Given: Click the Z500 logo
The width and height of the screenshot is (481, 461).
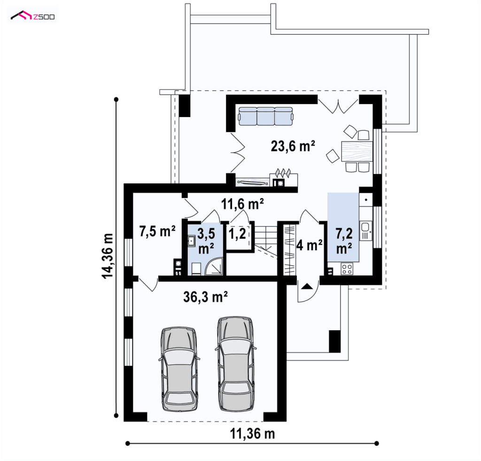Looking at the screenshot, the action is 32,16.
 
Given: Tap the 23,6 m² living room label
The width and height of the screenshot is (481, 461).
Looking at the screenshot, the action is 293,146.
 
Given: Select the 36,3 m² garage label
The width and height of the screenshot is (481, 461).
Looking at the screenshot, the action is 205,297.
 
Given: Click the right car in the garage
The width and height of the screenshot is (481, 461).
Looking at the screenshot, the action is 236,364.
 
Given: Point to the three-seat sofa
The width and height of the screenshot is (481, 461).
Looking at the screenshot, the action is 266,116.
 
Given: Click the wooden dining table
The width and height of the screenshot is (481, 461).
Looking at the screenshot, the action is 357,151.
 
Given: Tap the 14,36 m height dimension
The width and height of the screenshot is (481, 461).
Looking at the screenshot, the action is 108,255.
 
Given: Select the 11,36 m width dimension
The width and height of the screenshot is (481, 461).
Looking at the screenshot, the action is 252,434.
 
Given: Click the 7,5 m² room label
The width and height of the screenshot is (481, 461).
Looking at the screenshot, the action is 157,231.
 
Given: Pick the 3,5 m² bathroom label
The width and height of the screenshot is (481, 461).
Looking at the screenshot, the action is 206,241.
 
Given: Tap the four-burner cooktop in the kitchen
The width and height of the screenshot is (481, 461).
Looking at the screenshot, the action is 347,269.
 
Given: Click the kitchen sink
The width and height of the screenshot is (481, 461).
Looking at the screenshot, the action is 365,230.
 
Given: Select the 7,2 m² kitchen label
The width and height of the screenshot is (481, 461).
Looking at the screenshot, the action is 344,241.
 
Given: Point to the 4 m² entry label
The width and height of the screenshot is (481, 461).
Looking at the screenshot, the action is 309,245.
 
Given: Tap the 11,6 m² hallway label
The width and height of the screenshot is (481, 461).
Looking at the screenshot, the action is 242,204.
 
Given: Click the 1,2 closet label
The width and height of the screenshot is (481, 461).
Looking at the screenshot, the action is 237,234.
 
